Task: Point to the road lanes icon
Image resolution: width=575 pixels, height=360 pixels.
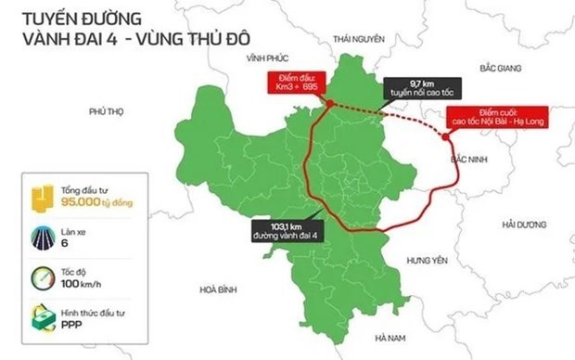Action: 43,237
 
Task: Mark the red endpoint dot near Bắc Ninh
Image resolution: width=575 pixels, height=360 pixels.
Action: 447,137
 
